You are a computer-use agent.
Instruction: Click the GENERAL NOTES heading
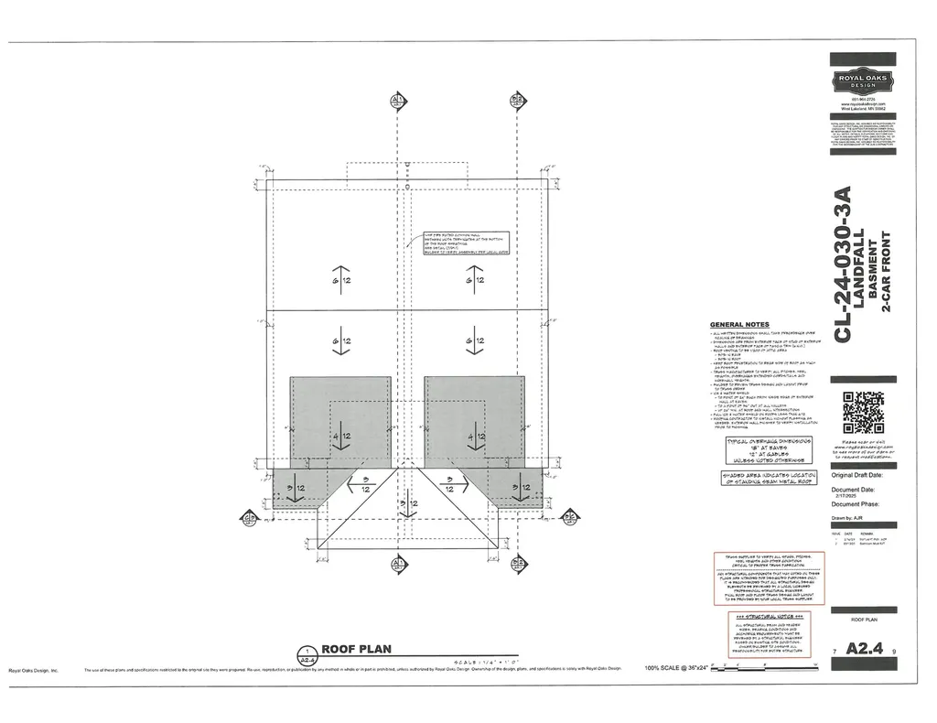coord(739,325)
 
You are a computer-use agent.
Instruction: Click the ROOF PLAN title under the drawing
coord(356,649)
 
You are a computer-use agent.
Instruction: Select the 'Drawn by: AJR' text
coord(847,518)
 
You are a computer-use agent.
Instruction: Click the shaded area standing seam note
coord(767,478)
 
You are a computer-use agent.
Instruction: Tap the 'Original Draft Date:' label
coord(857,476)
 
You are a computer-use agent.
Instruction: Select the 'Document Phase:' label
coord(855,504)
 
